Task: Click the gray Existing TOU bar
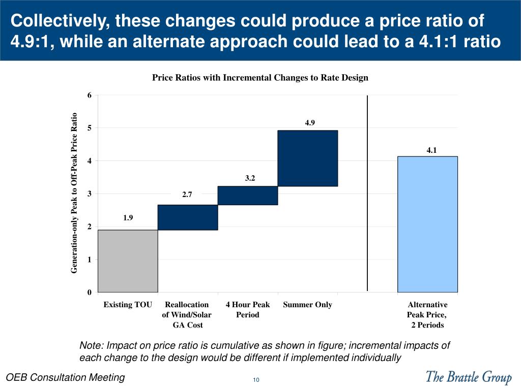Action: (x=127, y=261)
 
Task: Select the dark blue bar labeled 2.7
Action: (x=187, y=217)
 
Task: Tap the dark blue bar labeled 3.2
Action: (x=247, y=196)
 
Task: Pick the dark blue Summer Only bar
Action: (x=307, y=158)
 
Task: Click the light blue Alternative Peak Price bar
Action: (x=427, y=224)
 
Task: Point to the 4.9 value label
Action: (x=310, y=122)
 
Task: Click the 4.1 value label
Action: (x=431, y=150)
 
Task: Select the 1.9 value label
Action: (x=128, y=218)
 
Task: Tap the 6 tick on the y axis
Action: (x=90, y=95)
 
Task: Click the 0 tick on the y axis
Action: (x=90, y=292)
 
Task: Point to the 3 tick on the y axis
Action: (x=90, y=194)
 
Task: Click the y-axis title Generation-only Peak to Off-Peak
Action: (x=74, y=193)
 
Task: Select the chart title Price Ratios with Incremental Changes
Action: (x=260, y=78)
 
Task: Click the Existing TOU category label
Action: (x=128, y=305)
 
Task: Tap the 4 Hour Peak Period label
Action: (x=248, y=310)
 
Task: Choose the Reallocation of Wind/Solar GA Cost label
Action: (x=187, y=315)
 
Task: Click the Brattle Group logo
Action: (x=468, y=377)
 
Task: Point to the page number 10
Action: (x=256, y=380)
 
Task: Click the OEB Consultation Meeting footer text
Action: (x=65, y=377)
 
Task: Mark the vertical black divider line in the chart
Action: (x=367, y=193)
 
